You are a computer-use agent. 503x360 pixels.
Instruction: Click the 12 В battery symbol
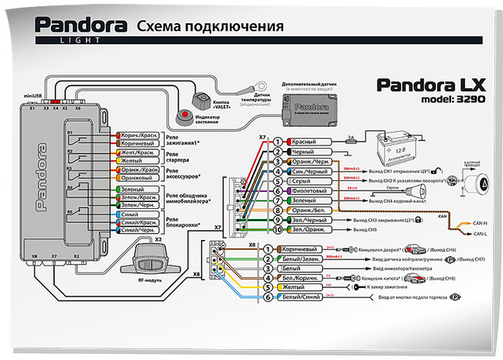(x=391, y=146)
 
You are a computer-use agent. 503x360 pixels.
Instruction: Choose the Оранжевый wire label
(x=139, y=177)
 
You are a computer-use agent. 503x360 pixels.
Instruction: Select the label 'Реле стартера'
(x=178, y=157)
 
